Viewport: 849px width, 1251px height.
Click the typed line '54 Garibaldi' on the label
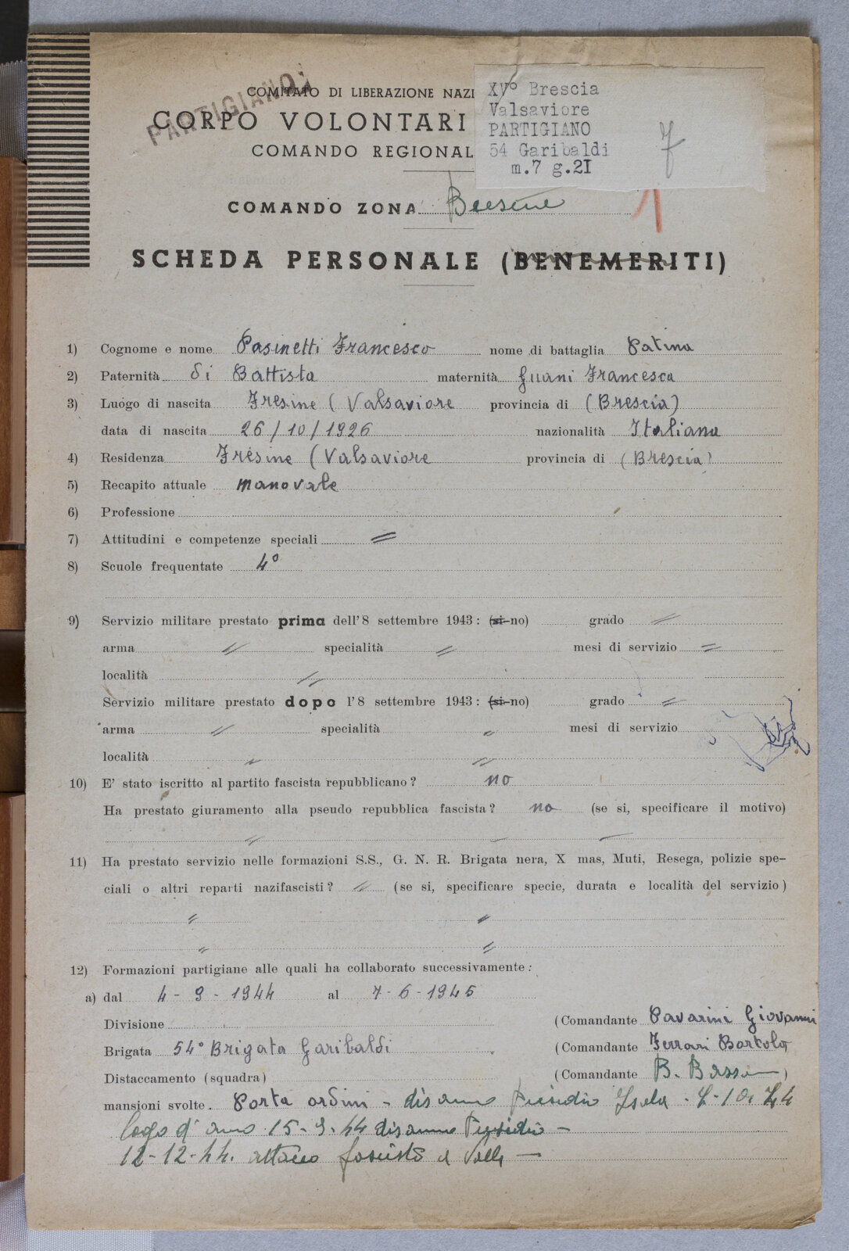(548, 149)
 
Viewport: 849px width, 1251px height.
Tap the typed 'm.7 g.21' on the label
(550, 169)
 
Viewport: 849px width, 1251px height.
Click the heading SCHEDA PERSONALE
(306, 260)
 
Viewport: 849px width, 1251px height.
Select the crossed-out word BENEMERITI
(612, 261)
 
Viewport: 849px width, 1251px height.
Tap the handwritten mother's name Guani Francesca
(597, 375)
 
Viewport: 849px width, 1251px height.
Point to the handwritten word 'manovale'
(288, 484)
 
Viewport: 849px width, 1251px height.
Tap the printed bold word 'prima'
(302, 622)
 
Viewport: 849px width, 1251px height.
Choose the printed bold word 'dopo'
(310, 702)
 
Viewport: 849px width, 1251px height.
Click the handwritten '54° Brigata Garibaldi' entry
(281, 1049)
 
